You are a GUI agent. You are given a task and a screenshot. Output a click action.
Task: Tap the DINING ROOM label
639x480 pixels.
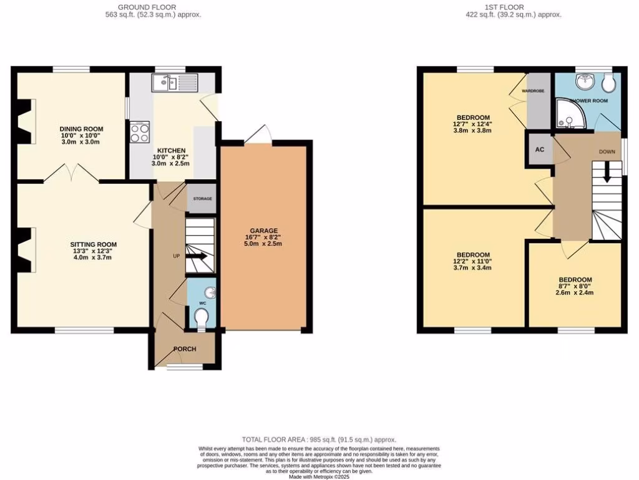80,128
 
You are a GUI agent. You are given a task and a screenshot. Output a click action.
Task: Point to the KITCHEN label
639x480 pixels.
171,151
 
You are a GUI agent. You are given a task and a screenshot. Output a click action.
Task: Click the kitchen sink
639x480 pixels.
167,81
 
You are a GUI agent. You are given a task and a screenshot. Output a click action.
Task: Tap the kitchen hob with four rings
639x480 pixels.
138,132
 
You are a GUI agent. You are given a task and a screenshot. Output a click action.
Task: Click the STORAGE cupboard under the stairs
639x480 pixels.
201,199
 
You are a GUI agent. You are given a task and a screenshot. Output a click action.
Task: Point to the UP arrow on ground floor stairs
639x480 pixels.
200,256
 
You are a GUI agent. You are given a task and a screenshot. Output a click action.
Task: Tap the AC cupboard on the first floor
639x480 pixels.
539,150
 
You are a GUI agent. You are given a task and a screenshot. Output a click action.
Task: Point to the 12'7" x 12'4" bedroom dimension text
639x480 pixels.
474,124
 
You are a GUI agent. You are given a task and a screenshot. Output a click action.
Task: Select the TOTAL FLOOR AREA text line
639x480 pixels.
319,440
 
